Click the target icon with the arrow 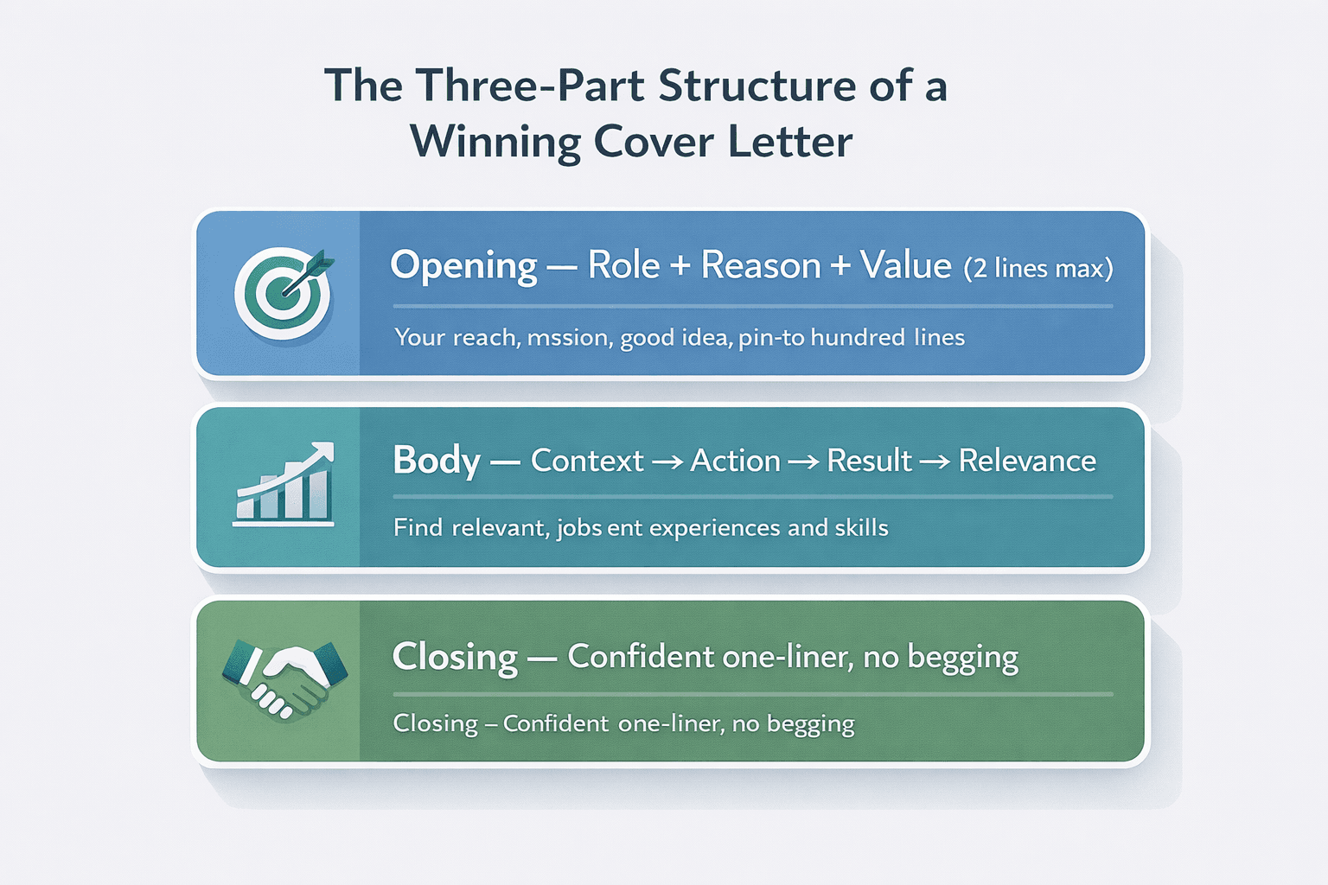(283, 292)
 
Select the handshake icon (284, 679)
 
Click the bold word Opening (463, 265)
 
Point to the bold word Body (436, 461)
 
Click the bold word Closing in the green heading (455, 657)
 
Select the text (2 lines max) (1037, 268)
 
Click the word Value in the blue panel (905, 264)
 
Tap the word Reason (760, 264)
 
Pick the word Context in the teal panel (587, 461)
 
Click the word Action (735, 461)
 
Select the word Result (869, 461)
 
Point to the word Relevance (1027, 461)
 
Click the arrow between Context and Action (667, 462)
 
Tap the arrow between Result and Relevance (935, 462)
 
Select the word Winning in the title (495, 142)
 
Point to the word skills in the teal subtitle (861, 527)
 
